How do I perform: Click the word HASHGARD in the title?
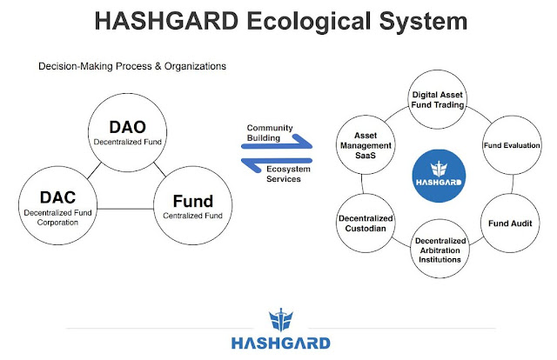click(166, 21)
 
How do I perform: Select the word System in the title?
click(423, 22)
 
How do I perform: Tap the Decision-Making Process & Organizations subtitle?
click(132, 66)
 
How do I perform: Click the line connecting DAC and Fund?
click(125, 209)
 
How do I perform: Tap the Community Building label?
click(270, 133)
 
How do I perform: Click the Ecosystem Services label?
click(288, 174)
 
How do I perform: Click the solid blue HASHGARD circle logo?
click(439, 176)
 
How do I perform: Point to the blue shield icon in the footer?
click(281, 319)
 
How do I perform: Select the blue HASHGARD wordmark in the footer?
click(281, 343)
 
